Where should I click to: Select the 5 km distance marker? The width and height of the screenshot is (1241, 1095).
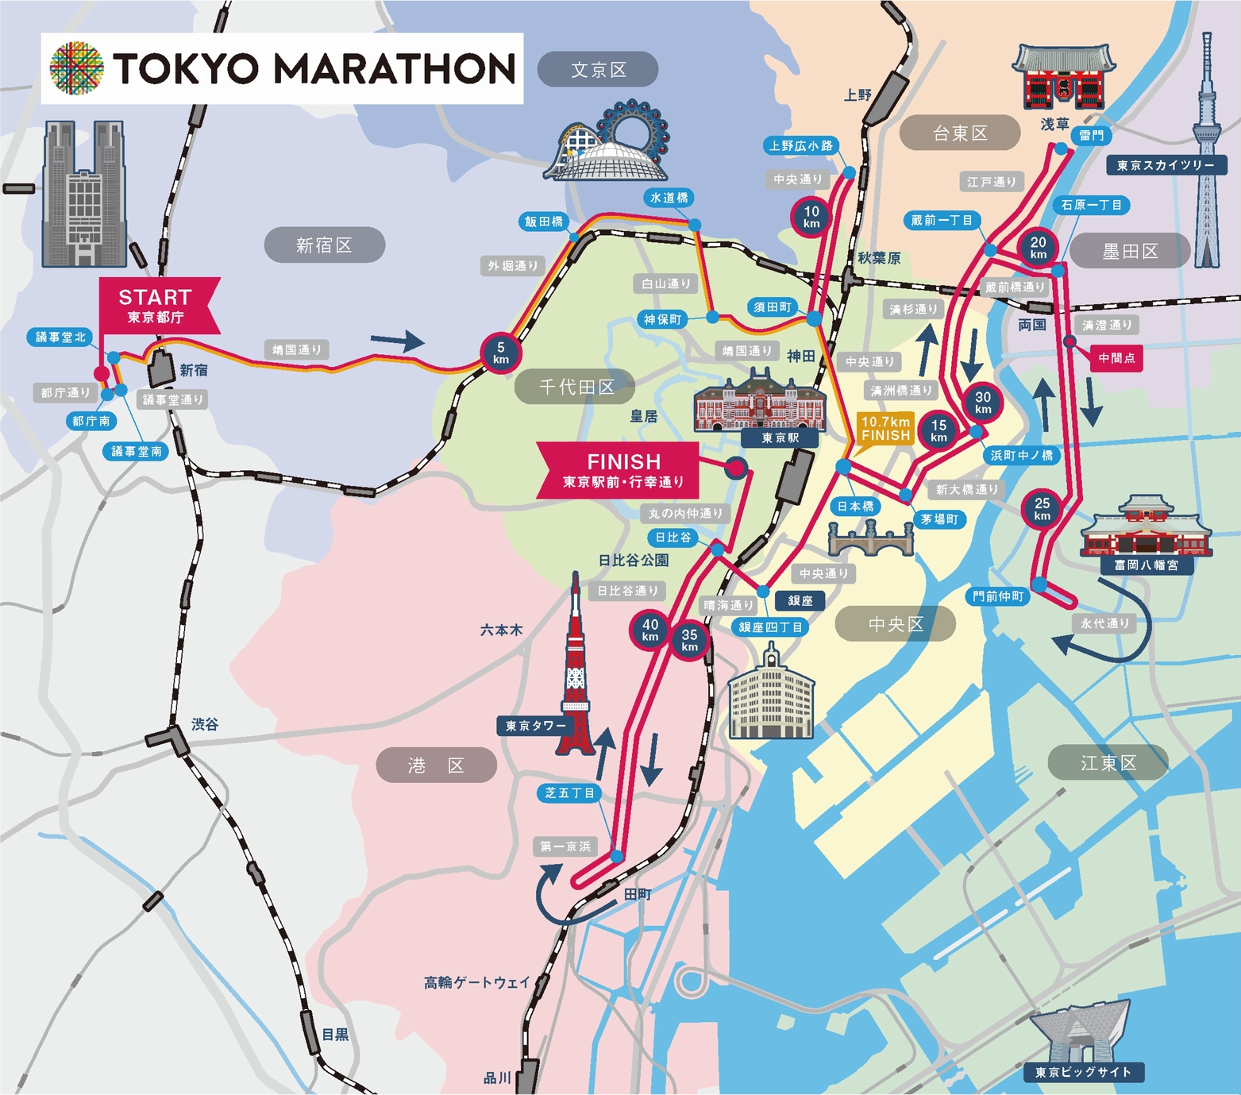tap(500, 353)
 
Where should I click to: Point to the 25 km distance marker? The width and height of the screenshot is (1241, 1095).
tap(1042, 509)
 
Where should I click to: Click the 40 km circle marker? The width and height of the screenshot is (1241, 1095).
tap(650, 630)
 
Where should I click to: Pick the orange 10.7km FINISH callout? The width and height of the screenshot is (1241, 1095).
tap(885, 429)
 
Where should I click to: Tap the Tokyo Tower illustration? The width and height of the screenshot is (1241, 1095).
tap(576, 675)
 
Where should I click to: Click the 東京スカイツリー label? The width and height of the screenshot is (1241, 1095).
tap(1166, 165)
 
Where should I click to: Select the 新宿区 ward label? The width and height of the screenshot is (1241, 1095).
tap(324, 245)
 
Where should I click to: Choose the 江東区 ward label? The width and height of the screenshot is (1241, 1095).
tap(1108, 763)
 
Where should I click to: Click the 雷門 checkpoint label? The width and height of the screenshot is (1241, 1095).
tap(1092, 135)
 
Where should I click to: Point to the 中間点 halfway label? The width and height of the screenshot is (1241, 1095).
tap(1116, 358)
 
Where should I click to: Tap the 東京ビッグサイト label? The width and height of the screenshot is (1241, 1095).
tap(1082, 1072)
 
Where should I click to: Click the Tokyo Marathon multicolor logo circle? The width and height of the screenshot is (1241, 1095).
tap(77, 68)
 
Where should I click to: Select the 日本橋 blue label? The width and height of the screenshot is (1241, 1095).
tap(855, 506)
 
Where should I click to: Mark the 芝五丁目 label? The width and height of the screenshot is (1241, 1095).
tap(569, 792)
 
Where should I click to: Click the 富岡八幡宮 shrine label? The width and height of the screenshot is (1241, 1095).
tap(1146, 565)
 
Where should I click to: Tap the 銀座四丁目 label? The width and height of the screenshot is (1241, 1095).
tap(769, 627)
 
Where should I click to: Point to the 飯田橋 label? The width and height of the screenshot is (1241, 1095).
tap(543, 222)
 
